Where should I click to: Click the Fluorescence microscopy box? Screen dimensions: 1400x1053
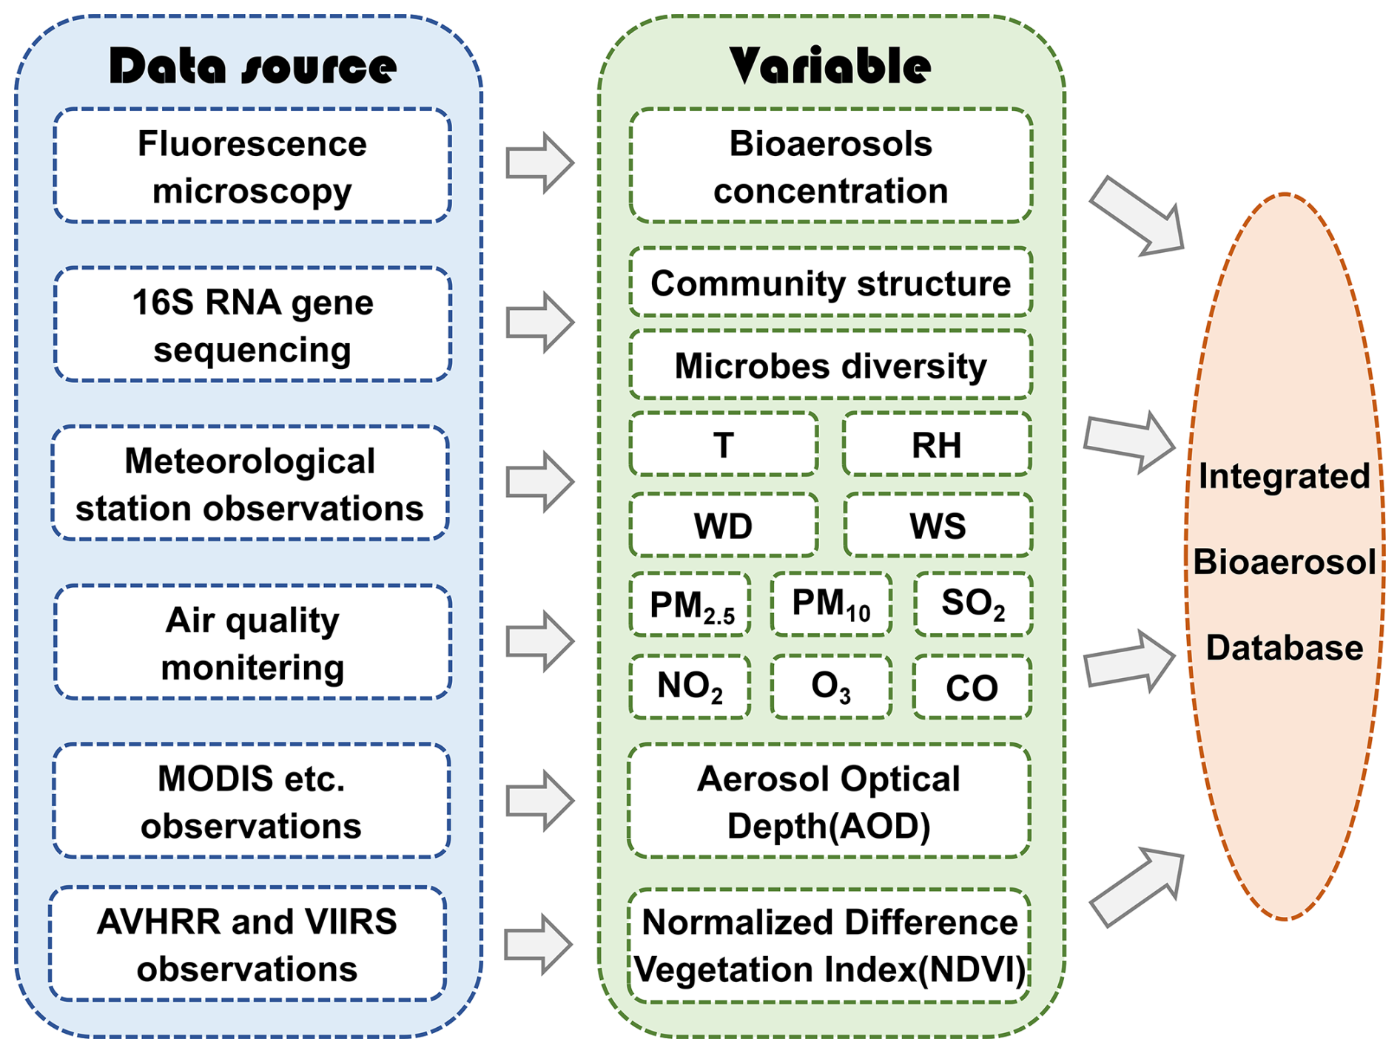pos(252,166)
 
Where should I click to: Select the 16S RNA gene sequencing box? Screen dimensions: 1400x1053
pos(252,325)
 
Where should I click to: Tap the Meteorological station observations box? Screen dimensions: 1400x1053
pos(250,483)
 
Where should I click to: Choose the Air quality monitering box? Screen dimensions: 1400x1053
pos(252,642)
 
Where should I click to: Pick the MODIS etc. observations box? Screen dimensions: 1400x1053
pos(251,801)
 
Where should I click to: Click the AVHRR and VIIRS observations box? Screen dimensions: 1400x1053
pos(247,944)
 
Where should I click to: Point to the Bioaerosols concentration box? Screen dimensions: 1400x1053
pos(831,166)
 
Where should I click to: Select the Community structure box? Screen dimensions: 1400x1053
pos(831,282)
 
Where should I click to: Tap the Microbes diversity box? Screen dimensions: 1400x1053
pos(831,365)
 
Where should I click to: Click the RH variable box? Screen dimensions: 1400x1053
pos(937,444)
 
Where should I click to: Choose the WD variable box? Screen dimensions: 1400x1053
pos(724,525)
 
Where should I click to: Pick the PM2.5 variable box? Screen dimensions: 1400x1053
pos(690,604)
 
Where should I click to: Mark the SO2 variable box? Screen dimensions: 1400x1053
pos(973,604)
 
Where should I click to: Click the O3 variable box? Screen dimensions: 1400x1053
pos(831,686)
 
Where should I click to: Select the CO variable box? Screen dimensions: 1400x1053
pos(972,686)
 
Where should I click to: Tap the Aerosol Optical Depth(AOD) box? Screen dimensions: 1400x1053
pos(829,801)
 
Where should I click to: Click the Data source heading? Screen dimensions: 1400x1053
pos(252,67)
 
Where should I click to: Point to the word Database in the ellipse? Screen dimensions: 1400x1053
pos(1285,648)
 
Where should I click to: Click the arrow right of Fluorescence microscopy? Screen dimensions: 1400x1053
pos(540,163)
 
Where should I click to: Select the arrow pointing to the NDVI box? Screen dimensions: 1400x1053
pos(539,944)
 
